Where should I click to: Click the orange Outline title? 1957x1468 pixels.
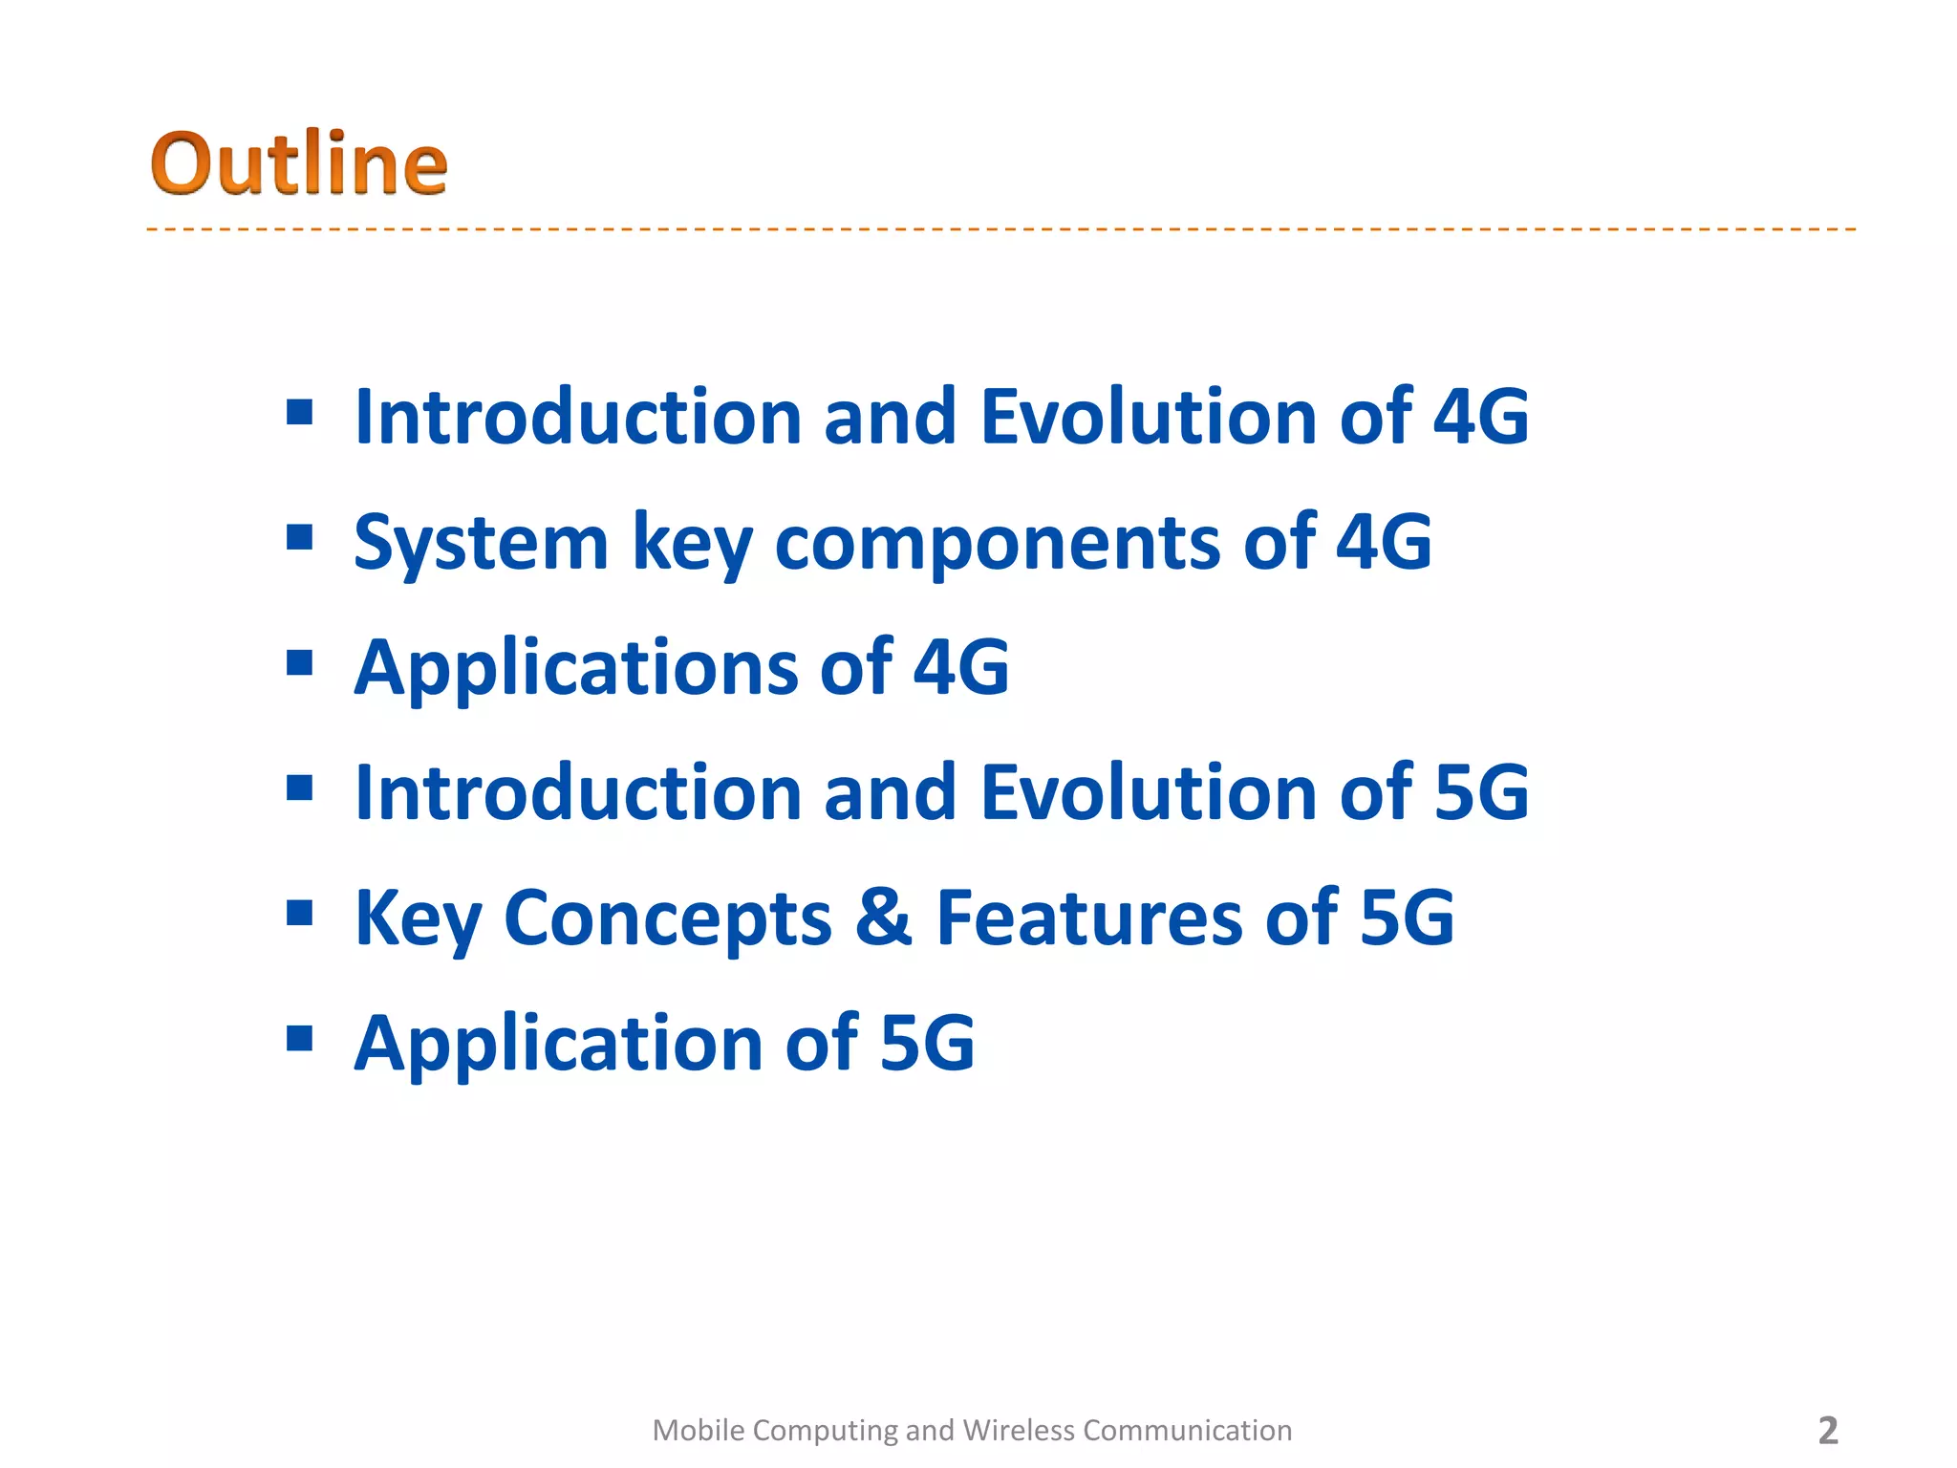click(x=298, y=164)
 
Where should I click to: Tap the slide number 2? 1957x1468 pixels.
click(x=1827, y=1431)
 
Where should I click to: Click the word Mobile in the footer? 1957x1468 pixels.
click(x=698, y=1431)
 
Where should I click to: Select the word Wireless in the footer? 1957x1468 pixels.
click(x=1019, y=1431)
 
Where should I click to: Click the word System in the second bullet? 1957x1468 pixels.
click(x=481, y=542)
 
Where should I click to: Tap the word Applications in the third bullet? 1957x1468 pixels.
click(x=576, y=669)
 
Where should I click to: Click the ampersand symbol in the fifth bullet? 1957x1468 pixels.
click(x=883, y=917)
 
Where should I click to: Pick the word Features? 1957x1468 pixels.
click(x=1089, y=917)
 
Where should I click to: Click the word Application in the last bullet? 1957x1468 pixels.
click(x=559, y=1045)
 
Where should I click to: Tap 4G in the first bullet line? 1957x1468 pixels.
click(x=1480, y=417)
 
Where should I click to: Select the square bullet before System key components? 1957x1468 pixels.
click(x=300, y=537)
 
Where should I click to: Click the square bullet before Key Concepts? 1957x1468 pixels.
click(x=300, y=913)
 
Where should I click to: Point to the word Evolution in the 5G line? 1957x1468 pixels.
click(x=1149, y=792)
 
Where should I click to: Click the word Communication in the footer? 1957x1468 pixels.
click(x=1187, y=1431)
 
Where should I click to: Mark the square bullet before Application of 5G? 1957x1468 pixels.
click(x=300, y=1038)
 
